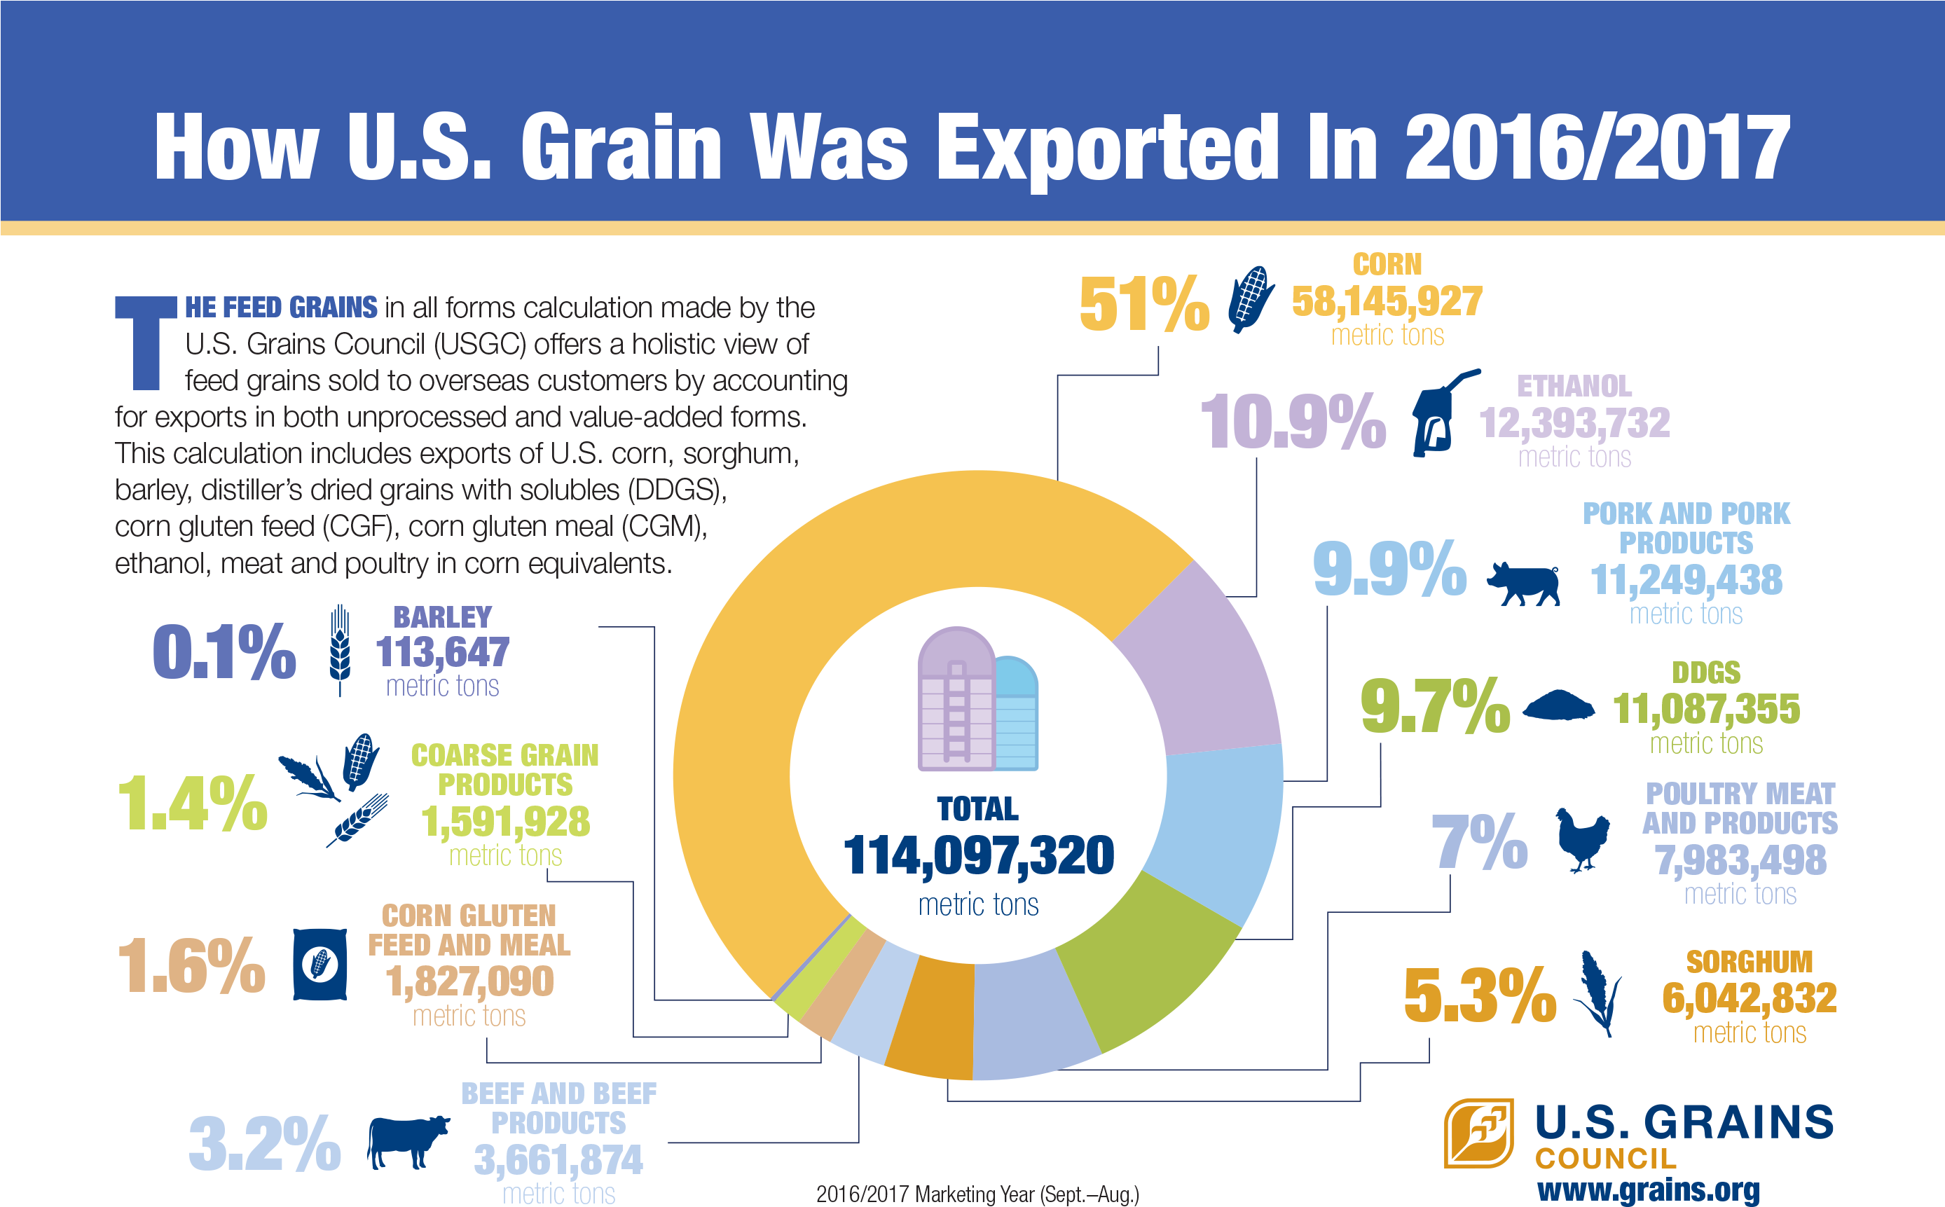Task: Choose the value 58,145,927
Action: pyautogui.click(x=1387, y=302)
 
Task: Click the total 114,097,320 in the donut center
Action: pyautogui.click(x=978, y=856)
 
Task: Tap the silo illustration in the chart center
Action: pyautogui.click(x=977, y=700)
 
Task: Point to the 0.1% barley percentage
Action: pyautogui.click(x=224, y=652)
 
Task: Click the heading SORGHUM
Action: pyautogui.click(x=1749, y=962)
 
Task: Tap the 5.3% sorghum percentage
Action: pyautogui.click(x=1480, y=995)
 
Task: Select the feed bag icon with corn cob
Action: pyautogui.click(x=319, y=965)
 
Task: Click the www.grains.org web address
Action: pyautogui.click(x=1648, y=1189)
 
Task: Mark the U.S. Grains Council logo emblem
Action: pyautogui.click(x=1478, y=1133)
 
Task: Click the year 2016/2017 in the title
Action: pyautogui.click(x=1597, y=148)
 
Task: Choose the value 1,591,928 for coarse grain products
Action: pyautogui.click(x=504, y=822)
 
